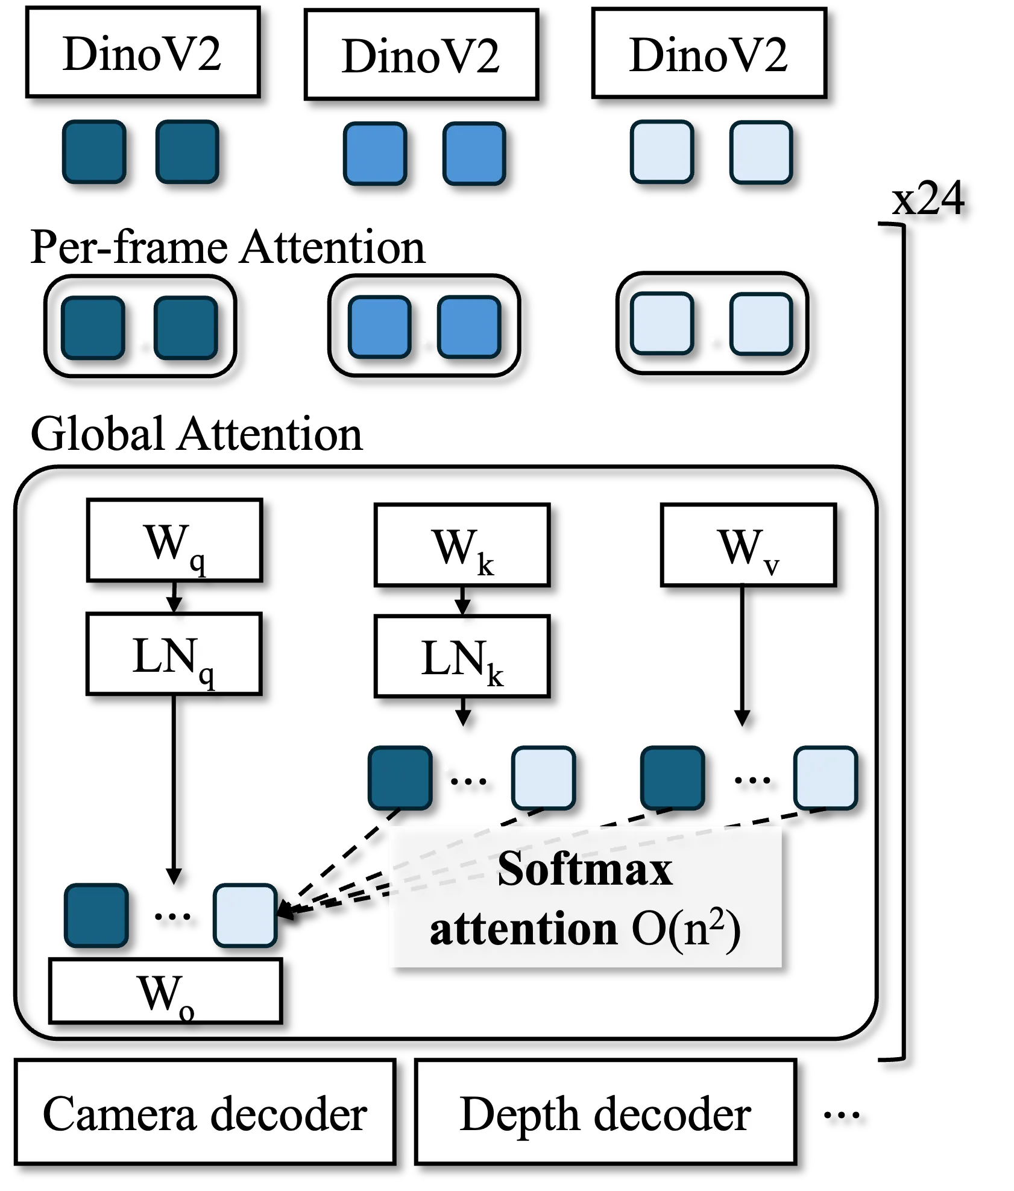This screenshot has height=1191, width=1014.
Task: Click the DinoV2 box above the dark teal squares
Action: coord(143,52)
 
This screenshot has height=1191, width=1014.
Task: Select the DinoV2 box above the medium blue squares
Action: coord(421,55)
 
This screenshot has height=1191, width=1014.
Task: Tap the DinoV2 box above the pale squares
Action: coord(709,53)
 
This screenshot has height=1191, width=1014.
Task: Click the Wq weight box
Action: coord(174,540)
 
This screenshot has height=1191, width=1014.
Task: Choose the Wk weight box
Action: coord(462,545)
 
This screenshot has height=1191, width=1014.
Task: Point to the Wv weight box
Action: coord(748,545)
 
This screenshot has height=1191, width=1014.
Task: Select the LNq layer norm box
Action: coord(174,654)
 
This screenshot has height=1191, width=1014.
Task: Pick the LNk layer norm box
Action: coord(462,656)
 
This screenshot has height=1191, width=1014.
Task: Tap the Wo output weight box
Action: coord(165,991)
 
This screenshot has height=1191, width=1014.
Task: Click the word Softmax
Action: coord(585,869)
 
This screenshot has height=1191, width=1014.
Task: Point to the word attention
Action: coord(523,929)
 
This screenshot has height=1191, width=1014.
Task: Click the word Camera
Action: coord(119,1114)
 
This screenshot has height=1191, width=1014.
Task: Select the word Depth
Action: coord(519,1114)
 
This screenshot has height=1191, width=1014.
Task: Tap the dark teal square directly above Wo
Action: coord(96,915)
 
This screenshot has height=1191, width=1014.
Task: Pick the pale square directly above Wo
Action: coord(245,915)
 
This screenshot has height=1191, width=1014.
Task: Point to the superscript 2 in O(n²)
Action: coord(717,918)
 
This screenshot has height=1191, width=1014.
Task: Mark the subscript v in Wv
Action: coord(771,566)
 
